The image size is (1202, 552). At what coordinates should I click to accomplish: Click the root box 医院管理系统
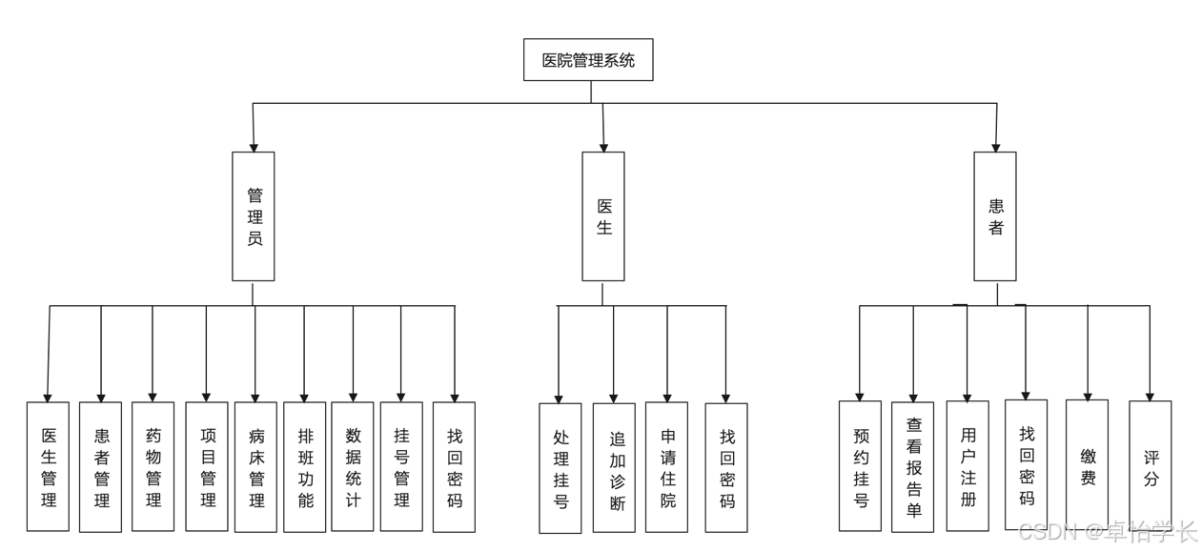click(x=588, y=59)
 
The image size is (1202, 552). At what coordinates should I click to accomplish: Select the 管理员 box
click(x=254, y=216)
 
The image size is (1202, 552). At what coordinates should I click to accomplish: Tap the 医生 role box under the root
click(x=603, y=216)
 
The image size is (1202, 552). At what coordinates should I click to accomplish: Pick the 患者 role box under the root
click(x=995, y=216)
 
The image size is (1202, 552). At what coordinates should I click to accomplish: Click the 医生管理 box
click(x=48, y=467)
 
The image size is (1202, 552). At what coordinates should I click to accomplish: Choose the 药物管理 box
click(x=153, y=467)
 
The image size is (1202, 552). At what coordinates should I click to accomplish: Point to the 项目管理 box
click(x=207, y=467)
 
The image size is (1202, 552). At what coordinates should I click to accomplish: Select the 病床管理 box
click(x=255, y=467)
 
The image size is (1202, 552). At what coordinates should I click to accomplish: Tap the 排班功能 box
click(x=304, y=467)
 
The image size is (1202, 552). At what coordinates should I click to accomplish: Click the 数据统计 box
click(x=352, y=467)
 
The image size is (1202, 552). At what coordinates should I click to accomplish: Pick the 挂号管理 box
click(x=401, y=467)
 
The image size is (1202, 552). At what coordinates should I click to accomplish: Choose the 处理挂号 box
click(x=560, y=468)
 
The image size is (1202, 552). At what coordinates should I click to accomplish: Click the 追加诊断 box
click(x=614, y=468)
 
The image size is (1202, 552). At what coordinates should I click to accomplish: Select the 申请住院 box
click(x=666, y=467)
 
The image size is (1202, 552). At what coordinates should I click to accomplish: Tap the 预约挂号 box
click(x=860, y=466)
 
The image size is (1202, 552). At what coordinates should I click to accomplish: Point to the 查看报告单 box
click(x=913, y=467)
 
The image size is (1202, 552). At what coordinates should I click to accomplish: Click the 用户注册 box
click(x=968, y=466)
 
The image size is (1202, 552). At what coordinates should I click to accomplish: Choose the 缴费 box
click(x=1087, y=465)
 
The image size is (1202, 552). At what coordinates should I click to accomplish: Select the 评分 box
click(x=1150, y=466)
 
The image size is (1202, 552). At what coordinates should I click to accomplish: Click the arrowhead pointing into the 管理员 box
click(x=254, y=148)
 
